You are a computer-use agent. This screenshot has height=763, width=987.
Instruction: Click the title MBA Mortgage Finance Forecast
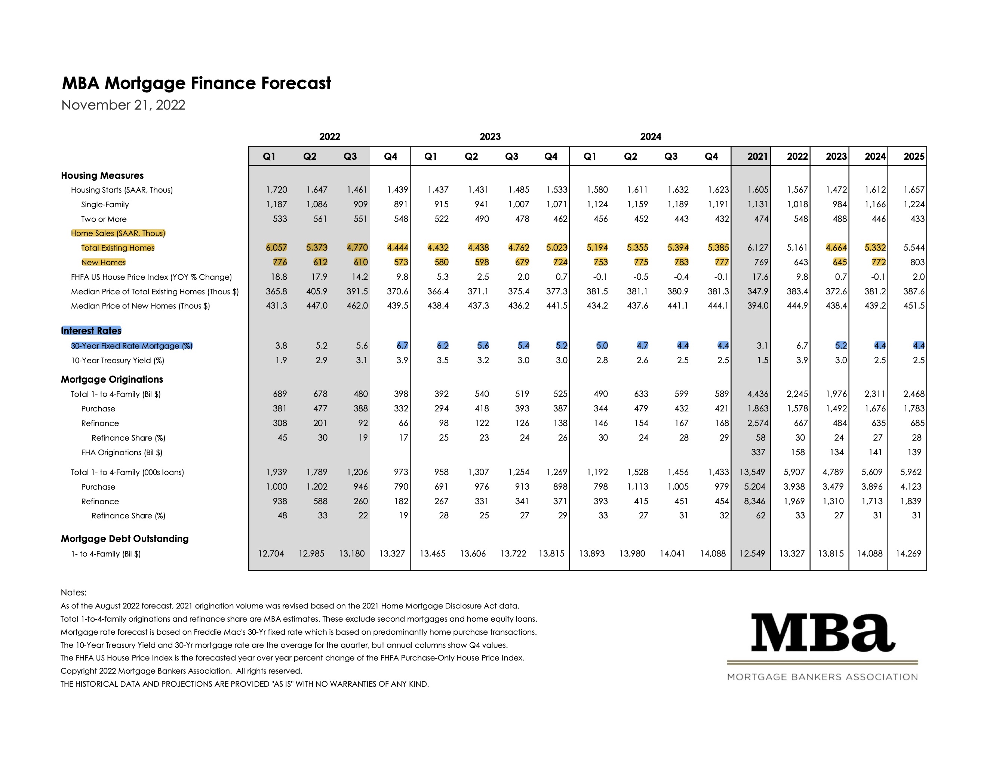pos(196,83)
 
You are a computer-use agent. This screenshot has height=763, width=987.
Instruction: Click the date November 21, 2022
pos(123,105)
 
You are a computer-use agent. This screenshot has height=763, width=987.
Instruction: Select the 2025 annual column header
pos(914,156)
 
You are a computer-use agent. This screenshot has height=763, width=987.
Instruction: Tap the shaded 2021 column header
pos(757,156)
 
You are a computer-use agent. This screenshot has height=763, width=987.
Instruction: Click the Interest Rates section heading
pos(91,330)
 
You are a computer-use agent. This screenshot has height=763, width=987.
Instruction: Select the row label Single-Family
pos(105,204)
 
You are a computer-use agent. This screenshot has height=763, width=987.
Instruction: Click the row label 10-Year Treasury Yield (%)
pos(117,360)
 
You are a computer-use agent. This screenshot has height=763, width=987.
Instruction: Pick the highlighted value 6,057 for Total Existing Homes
pos(276,248)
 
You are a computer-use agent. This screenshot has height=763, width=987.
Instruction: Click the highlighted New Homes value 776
pos(280,262)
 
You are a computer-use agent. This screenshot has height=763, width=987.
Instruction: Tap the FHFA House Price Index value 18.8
pos(279,277)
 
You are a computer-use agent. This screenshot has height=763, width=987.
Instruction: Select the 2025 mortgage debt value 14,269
pos(908,553)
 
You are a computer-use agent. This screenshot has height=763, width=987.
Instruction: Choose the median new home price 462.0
pos(357,306)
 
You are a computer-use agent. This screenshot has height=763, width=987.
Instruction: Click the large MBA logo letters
pos(823,633)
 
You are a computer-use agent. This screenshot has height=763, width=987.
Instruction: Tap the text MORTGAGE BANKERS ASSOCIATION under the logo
pos(822,677)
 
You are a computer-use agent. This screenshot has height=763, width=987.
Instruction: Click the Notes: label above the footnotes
pos(74,592)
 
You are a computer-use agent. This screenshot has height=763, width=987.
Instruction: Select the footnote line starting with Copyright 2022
pos(181,671)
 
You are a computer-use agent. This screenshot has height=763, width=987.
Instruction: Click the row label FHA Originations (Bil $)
pos(122,452)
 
